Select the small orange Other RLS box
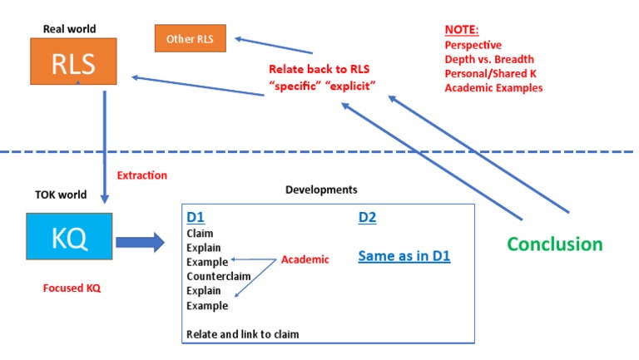(x=191, y=38)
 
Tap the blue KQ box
(x=69, y=239)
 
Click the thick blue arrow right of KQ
(x=140, y=242)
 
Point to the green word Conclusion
(x=555, y=244)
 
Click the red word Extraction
(x=141, y=175)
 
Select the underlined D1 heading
(x=196, y=217)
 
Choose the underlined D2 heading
(x=368, y=217)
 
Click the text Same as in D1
(x=404, y=256)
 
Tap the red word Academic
(x=305, y=259)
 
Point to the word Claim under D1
(x=200, y=234)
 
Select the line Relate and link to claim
(x=242, y=334)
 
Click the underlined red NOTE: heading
(x=462, y=30)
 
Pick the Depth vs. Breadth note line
(x=489, y=59)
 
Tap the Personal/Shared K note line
(x=490, y=73)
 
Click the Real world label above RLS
(x=70, y=29)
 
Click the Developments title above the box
(x=321, y=190)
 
